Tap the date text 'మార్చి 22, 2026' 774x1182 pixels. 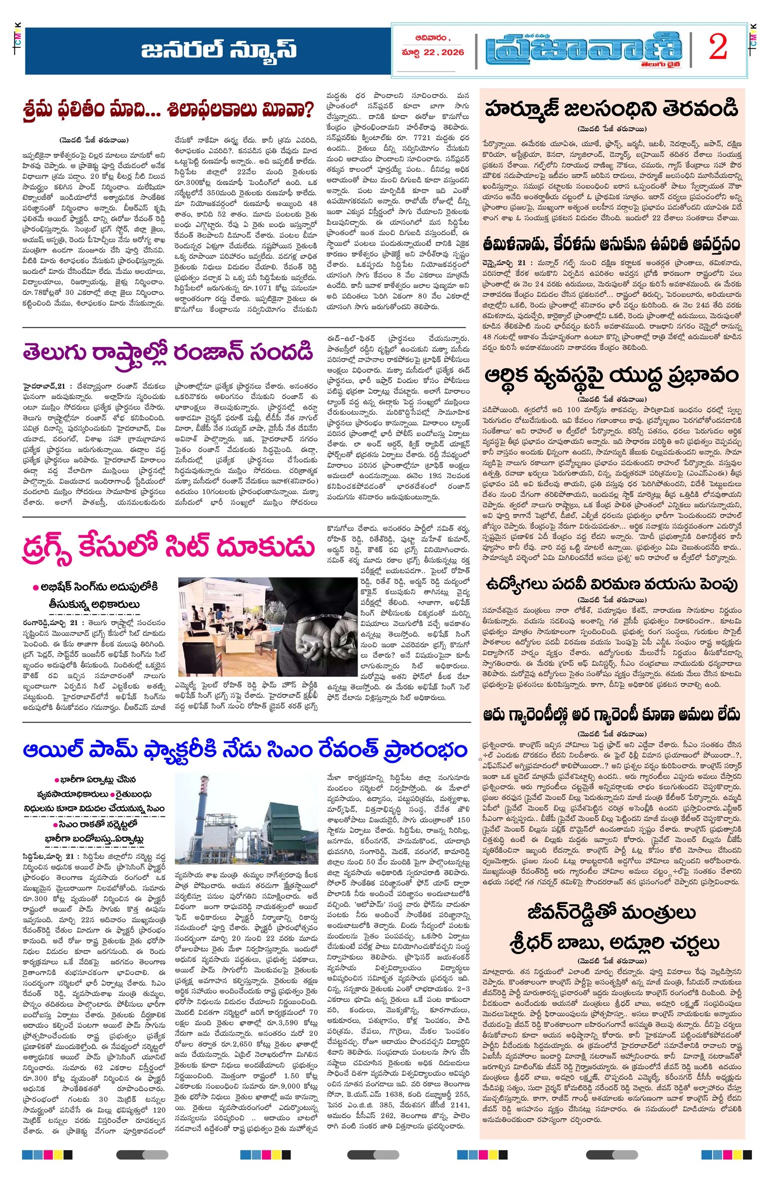(433, 52)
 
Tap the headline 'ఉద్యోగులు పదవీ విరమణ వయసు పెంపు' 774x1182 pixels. (611, 584)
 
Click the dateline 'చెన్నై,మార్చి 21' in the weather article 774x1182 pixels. (504, 262)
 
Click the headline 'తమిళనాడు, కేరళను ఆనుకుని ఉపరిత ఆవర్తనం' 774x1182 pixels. (611, 244)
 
